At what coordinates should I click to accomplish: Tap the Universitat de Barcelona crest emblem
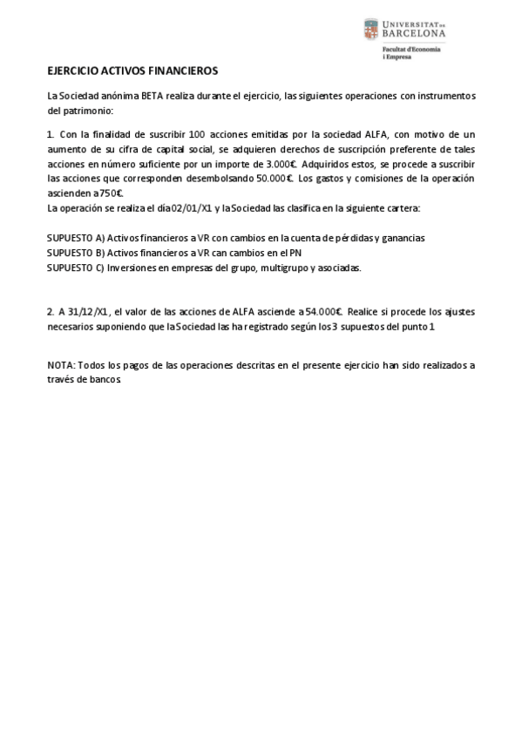click(x=371, y=30)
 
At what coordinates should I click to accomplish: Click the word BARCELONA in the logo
click(x=415, y=33)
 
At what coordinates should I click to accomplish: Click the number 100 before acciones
click(x=196, y=134)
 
